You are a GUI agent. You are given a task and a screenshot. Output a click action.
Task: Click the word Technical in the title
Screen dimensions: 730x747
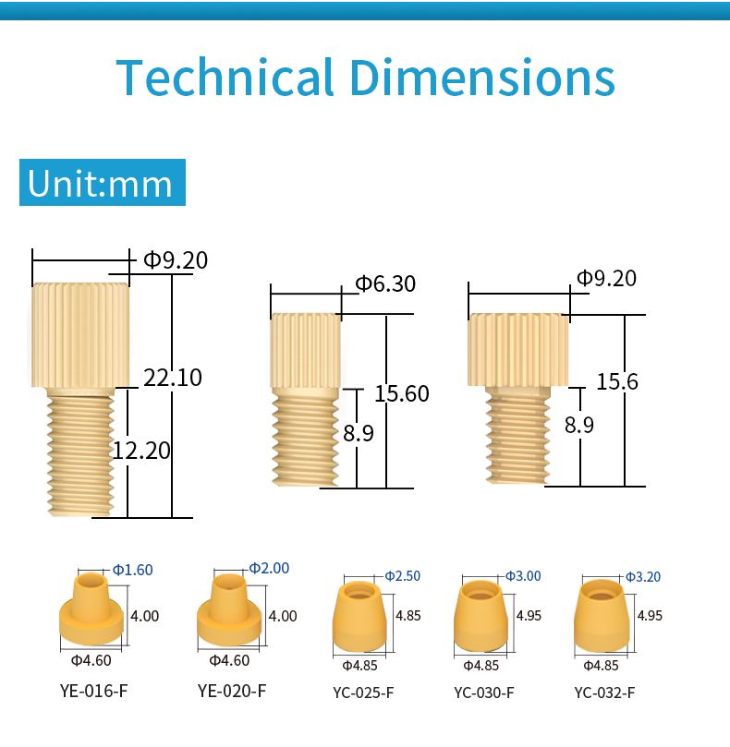pos(225,78)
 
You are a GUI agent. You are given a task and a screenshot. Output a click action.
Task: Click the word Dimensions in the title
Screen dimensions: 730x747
pos(482,78)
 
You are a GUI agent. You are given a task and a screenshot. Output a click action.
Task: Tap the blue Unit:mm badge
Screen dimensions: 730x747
pos(103,183)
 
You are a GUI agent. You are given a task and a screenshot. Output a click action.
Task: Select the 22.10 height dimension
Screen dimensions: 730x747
pos(173,378)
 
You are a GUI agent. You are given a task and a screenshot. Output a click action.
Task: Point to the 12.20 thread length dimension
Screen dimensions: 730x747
pos(141,451)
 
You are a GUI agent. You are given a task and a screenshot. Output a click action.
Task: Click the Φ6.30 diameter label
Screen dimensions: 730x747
pos(385,283)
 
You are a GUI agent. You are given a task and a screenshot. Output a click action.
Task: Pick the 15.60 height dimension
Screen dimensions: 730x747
pos(401,393)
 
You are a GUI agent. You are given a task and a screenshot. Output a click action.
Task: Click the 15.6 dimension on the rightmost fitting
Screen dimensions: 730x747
pos(617,381)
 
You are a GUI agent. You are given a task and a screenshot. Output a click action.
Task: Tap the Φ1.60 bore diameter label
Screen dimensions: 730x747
pos(132,570)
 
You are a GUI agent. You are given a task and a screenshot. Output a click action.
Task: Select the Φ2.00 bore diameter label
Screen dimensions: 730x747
pos(269,568)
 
